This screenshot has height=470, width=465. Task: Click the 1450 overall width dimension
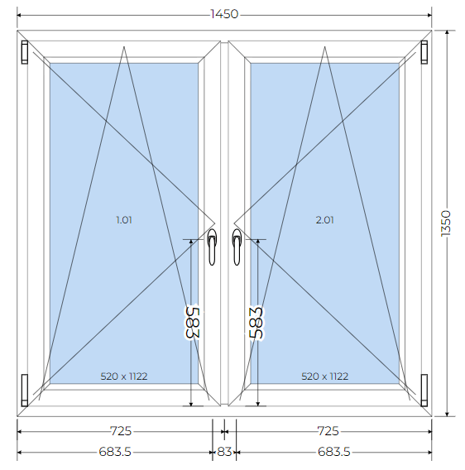224,14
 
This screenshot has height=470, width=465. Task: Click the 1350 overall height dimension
446,223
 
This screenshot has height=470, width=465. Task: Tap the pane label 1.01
124,220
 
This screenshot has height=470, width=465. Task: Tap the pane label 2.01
324,220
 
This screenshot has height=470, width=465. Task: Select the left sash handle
212,247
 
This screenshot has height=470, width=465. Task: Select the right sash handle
237,247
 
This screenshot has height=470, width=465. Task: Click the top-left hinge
25,52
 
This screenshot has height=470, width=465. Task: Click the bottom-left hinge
25,391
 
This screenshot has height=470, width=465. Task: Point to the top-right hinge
424,52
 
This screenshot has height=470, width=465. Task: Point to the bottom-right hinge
424,391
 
